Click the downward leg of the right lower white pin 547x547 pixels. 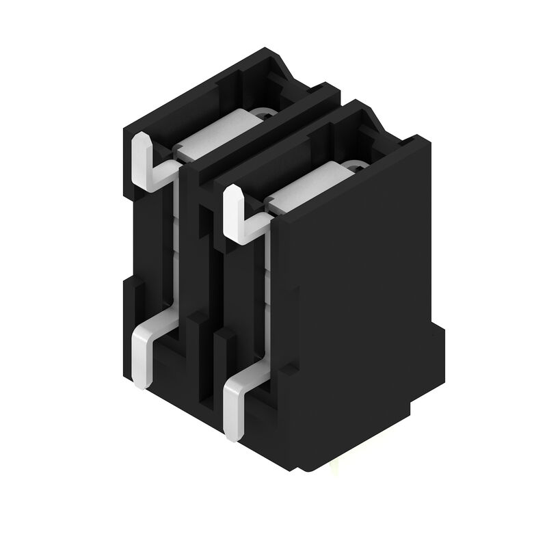coord(232,411)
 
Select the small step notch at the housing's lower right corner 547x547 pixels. coord(438,342)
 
